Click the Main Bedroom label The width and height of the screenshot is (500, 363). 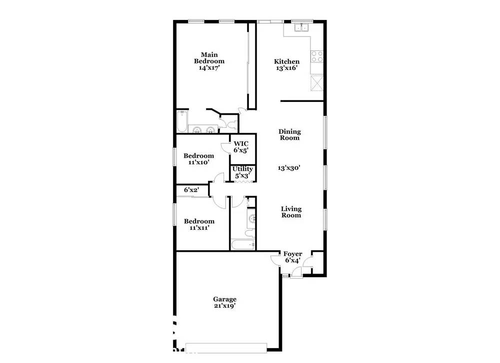(209, 58)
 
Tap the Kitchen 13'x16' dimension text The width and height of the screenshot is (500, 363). (286, 68)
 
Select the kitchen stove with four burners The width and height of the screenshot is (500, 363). (317, 57)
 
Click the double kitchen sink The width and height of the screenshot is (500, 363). (301, 28)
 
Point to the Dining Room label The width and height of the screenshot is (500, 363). (289, 135)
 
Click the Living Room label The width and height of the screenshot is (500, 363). (291, 212)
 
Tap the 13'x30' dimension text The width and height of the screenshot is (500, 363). (289, 168)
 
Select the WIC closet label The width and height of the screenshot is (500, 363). (241, 144)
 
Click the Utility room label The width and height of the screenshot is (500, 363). (242, 169)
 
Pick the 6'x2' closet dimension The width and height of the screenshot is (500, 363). (191, 190)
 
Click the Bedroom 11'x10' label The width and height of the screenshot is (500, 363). (198, 159)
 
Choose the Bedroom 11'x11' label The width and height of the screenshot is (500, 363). (199, 225)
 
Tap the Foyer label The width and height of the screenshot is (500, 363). (292, 254)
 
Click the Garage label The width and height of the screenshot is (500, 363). (225, 299)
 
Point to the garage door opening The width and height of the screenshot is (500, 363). (226, 348)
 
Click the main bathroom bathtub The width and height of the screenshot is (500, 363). (182, 121)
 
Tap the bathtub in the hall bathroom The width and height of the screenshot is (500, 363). (242, 245)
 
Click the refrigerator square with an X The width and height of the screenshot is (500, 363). (317, 83)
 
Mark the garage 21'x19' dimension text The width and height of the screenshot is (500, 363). (225, 306)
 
